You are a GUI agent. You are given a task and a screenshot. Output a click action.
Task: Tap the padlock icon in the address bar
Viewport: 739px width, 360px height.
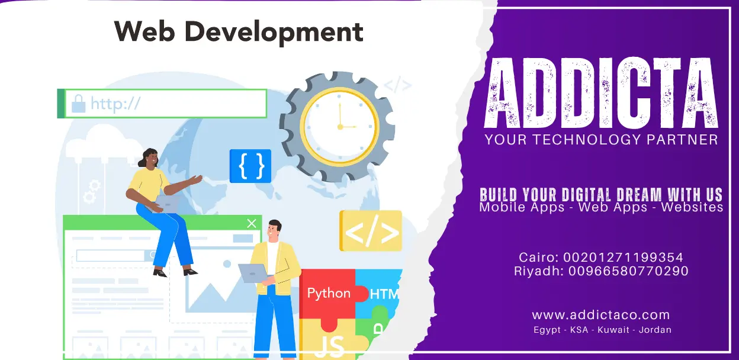(78, 104)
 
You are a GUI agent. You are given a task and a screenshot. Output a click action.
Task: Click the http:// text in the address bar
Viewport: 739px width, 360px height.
(115, 104)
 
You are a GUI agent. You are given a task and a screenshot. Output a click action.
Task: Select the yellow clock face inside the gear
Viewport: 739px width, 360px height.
(339, 125)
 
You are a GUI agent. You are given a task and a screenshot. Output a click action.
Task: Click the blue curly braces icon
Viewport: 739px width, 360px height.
(250, 166)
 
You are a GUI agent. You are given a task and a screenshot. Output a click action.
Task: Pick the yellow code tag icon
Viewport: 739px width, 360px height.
(371, 232)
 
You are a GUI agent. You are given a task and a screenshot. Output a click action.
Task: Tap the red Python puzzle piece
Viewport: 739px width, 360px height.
(328, 294)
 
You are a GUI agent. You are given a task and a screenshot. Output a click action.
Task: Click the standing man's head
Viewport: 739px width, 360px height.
(274, 230)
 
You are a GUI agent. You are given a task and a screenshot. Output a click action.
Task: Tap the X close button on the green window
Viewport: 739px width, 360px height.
(252, 223)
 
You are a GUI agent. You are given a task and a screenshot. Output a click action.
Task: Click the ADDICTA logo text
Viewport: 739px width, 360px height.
(601, 94)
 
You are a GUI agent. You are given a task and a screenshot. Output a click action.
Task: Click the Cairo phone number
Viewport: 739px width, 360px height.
(624, 258)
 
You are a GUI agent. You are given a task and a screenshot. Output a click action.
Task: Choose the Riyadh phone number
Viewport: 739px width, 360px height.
(628, 271)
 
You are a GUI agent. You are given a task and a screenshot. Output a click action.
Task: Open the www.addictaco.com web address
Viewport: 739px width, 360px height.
(600, 315)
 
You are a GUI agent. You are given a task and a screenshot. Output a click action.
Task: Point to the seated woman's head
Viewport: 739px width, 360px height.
(150, 158)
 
